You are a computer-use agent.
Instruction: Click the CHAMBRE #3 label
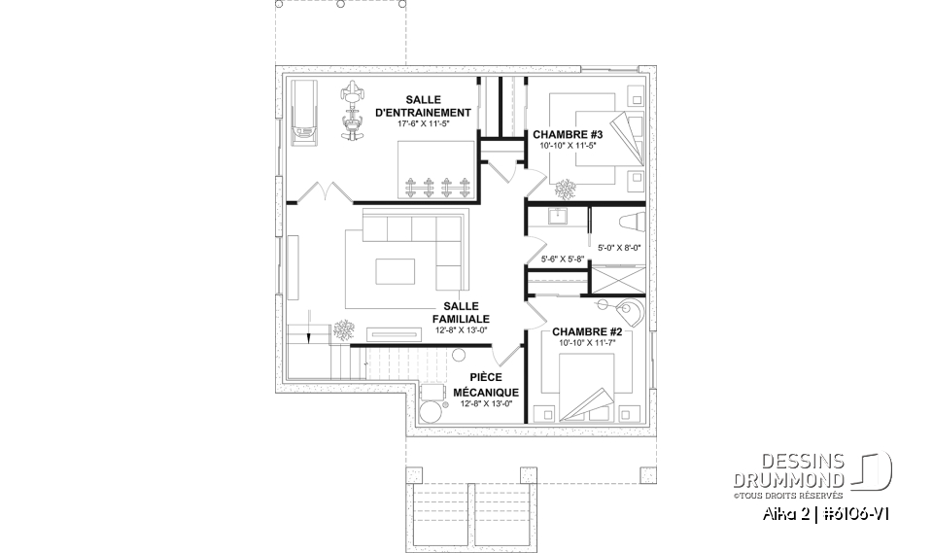coord(569,134)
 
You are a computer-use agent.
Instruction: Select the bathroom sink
coord(559,217)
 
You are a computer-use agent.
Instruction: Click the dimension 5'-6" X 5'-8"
coord(561,259)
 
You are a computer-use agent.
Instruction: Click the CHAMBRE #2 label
coord(586,332)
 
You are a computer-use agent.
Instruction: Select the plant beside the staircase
coord(342,330)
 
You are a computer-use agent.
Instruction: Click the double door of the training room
coord(324,191)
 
